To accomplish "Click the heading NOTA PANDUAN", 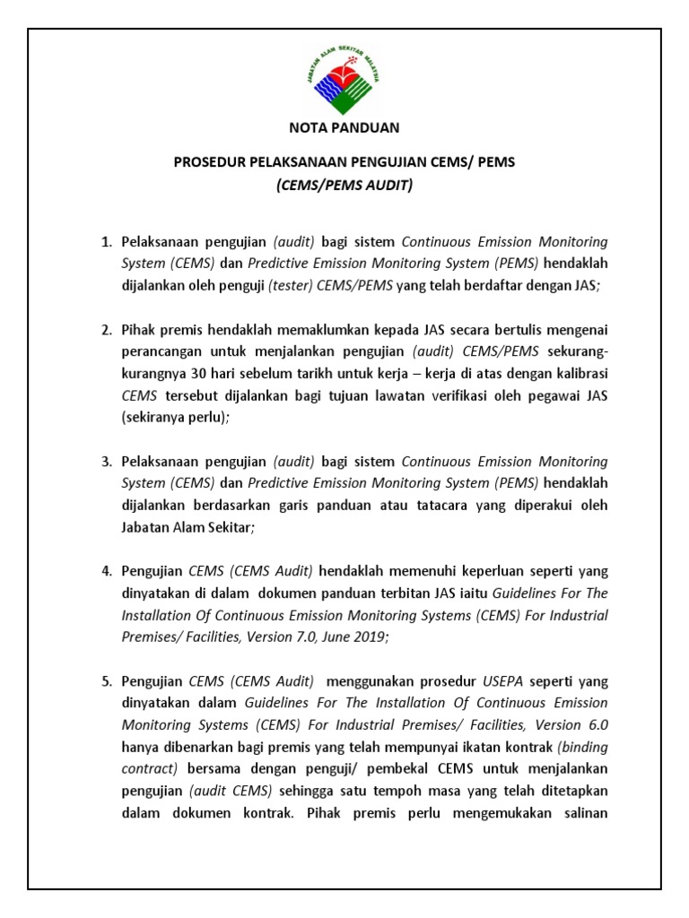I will coord(344,128).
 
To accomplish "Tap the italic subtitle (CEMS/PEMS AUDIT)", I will coord(344,186).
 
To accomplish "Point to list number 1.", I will coord(104,242).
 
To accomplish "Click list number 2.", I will coord(104,329).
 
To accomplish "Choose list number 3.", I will coord(104,462).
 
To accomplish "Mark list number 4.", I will coord(104,571).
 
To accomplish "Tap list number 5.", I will coord(104,680).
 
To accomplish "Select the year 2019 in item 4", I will coord(370,637).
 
